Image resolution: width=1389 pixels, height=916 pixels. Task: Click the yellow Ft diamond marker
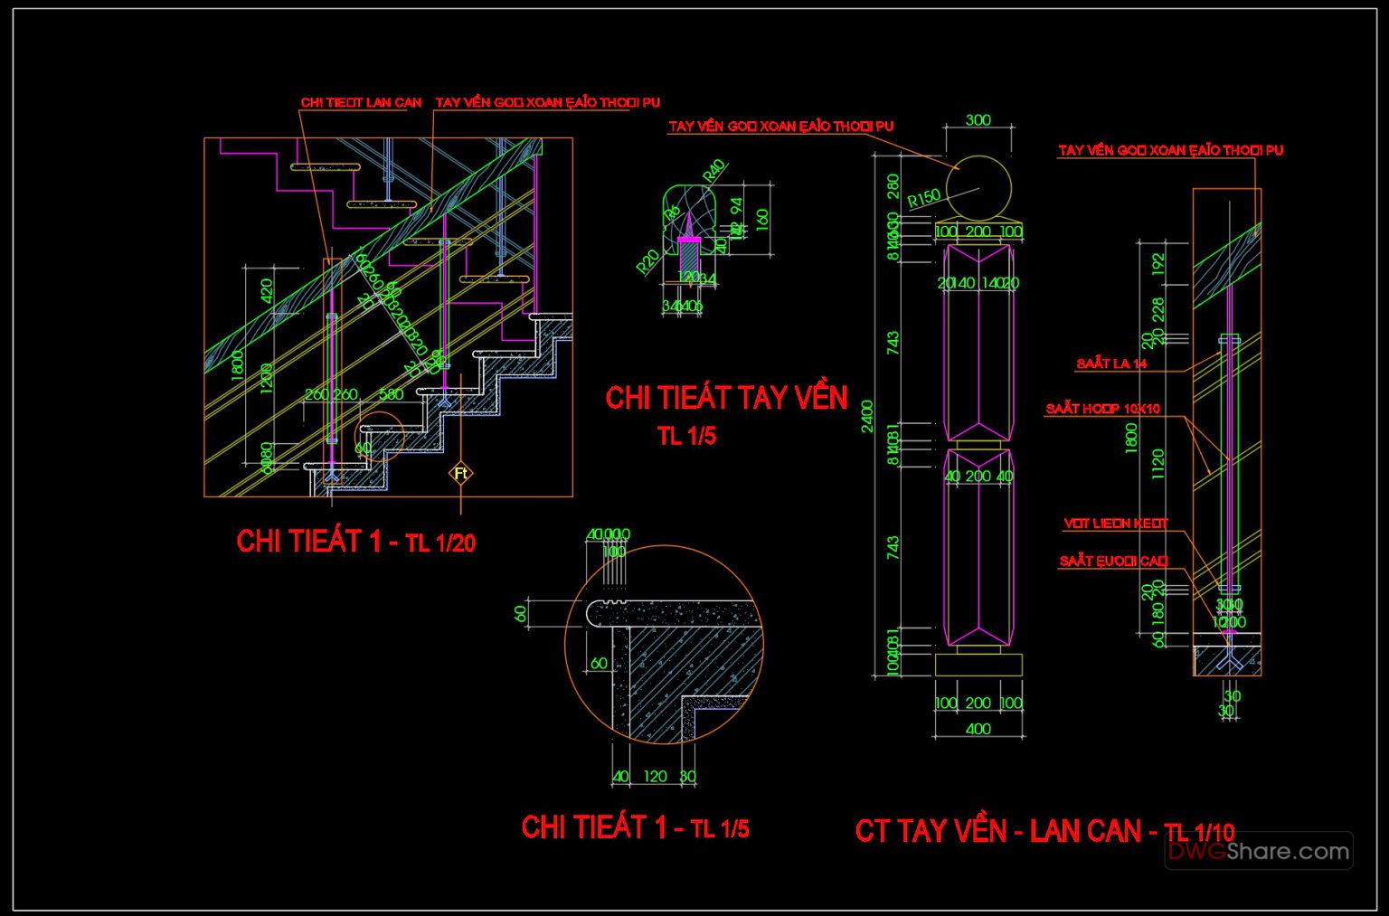pos(461,473)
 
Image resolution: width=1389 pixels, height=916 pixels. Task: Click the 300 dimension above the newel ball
pos(978,119)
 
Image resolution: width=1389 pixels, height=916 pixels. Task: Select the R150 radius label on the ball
pos(924,198)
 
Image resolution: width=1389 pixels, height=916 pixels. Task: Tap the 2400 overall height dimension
pos(868,416)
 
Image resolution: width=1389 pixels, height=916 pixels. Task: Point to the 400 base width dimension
pos(978,729)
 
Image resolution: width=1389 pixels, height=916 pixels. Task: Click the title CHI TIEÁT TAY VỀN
pos(726,398)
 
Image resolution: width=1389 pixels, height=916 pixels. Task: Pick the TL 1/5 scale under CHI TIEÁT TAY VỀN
pos(686,436)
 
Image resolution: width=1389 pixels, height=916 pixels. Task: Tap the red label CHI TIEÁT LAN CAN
pos(361,102)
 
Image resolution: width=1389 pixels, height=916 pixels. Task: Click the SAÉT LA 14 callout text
pos(1111,364)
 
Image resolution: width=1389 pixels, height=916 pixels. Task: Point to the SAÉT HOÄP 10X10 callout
pos(1102,409)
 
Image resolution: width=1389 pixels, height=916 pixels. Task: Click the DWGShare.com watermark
pos(1258,851)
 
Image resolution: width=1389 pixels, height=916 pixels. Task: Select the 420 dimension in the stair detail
pos(266,291)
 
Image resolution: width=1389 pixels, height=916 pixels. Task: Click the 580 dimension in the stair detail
pos(391,394)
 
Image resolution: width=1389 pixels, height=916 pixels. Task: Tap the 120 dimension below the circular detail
pos(655,776)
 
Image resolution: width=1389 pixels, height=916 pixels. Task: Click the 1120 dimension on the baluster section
pos(1158,464)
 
